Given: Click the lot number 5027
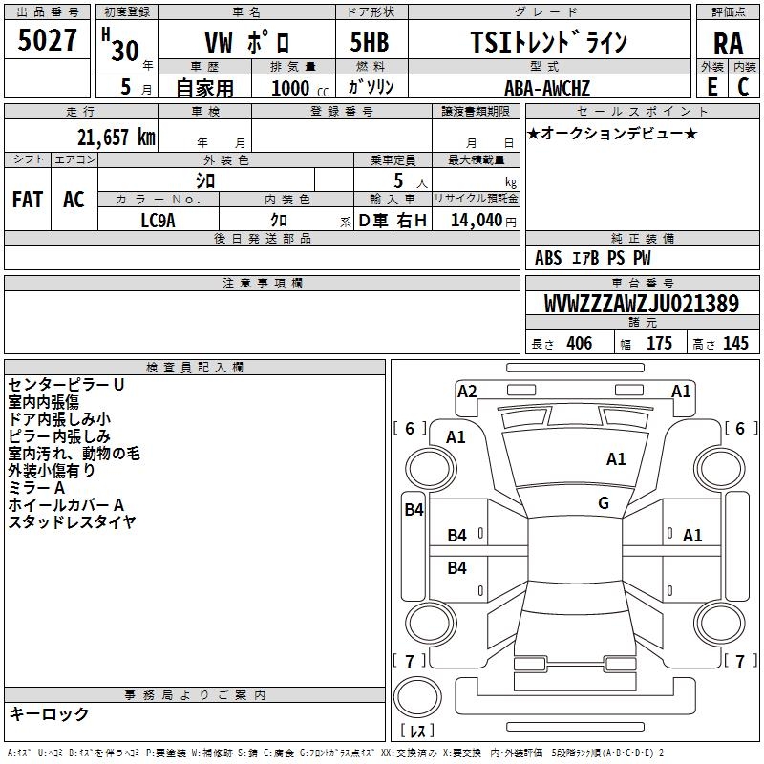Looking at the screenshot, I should point(48,41).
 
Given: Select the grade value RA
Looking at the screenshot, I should point(728,43).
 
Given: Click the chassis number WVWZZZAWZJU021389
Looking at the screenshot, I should point(641,304).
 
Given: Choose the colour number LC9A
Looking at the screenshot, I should point(159,220).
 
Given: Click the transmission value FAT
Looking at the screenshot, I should point(28,199).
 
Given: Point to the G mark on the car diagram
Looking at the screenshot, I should point(604,503).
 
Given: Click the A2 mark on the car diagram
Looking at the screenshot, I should point(467,391).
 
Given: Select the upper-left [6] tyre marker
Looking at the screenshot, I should point(410,429).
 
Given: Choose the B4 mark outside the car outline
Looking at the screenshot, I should point(413,510).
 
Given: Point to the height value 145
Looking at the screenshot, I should point(735,344).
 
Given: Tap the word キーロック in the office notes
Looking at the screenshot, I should point(50,713).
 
